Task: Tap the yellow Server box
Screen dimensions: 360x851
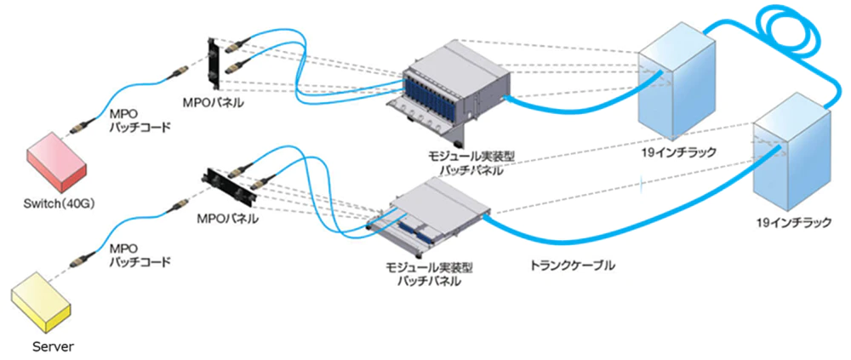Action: pos(43,303)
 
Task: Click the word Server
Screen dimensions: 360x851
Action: pos(53,346)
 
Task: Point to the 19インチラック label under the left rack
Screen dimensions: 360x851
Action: pos(680,152)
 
